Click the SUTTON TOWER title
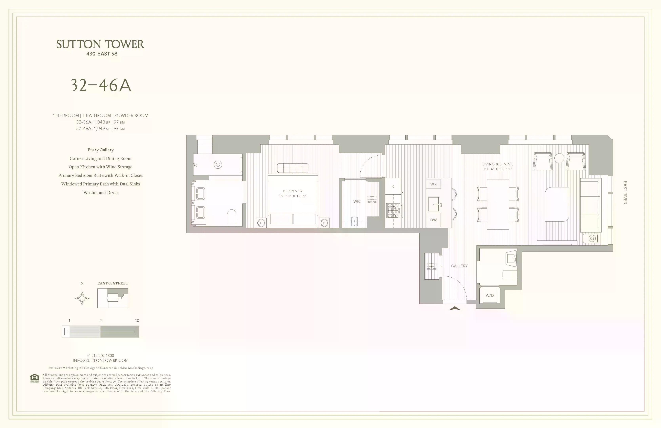pyautogui.click(x=100, y=44)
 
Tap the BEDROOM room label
pyautogui.click(x=292, y=191)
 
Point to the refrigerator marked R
pyautogui.click(x=393, y=186)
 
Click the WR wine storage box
pyautogui.click(x=433, y=184)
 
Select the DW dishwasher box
pyautogui.click(x=433, y=220)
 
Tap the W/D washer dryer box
pyautogui.click(x=490, y=295)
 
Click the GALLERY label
pyautogui.click(x=459, y=266)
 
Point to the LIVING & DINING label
pyautogui.click(x=498, y=164)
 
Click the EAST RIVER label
pyautogui.click(x=625, y=193)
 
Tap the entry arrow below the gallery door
pyautogui.click(x=455, y=308)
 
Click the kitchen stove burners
pyautogui.click(x=393, y=210)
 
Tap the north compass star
pyautogui.click(x=82, y=298)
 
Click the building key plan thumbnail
pyautogui.click(x=112, y=298)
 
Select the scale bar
pyautogui.click(x=101, y=332)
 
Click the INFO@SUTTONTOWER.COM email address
pyautogui.click(x=101, y=360)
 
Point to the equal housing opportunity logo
pyautogui.click(x=34, y=378)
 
